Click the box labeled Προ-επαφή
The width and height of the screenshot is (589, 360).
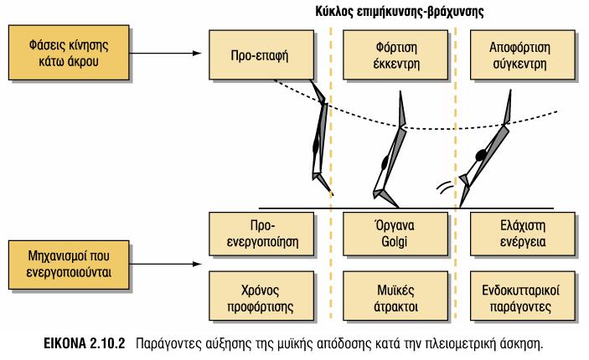tap(261, 54)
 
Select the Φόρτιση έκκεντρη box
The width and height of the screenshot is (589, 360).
tap(395, 54)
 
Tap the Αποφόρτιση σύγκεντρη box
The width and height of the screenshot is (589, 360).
tap(523, 54)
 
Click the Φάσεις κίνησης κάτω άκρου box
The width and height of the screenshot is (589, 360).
tap(69, 53)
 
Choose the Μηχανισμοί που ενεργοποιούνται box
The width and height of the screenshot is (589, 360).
tap(69, 265)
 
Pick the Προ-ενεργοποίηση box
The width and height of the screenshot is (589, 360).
tap(261, 234)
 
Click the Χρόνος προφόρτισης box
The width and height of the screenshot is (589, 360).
tap(261, 296)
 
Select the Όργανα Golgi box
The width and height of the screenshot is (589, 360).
tap(395, 234)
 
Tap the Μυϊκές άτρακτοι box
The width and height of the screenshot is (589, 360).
tap(395, 296)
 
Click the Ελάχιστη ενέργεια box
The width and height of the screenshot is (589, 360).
tap(523, 234)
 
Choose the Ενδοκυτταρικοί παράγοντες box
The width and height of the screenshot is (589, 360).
tap(523, 296)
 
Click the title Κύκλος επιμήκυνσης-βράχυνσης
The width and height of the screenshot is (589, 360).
tap(400, 12)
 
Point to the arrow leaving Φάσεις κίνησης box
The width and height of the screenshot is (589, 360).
tap(166, 53)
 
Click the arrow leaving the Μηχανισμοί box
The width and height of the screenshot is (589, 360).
tap(166, 264)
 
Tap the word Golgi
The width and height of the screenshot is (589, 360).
tap(394, 242)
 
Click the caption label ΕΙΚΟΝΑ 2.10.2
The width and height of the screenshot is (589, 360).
tap(84, 343)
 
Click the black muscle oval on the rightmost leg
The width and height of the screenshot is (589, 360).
tap(481, 155)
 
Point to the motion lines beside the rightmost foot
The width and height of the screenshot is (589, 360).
tap(443, 187)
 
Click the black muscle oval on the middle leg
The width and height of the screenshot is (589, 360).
tap(385, 163)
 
